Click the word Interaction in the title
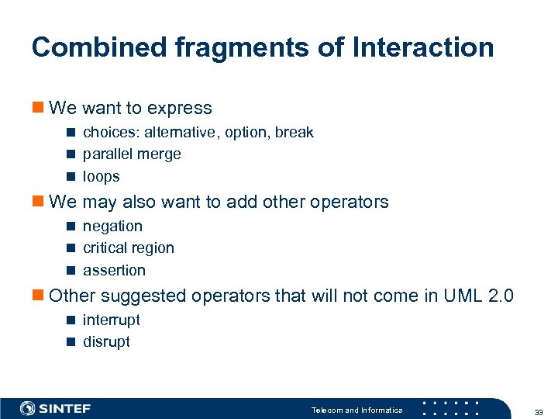pos(422,47)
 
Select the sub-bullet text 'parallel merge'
pos(132,154)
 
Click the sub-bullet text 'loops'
pos(102,176)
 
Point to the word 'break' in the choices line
pos(294,132)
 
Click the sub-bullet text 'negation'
pos(112,226)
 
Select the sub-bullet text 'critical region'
pos(129,248)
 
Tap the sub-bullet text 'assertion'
pos(114,270)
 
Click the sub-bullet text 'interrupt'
pos(112,320)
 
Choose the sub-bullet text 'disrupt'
pos(106,341)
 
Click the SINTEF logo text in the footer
pos(65,408)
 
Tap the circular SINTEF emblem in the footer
pos(28,408)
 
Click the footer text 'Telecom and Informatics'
pos(356,410)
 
